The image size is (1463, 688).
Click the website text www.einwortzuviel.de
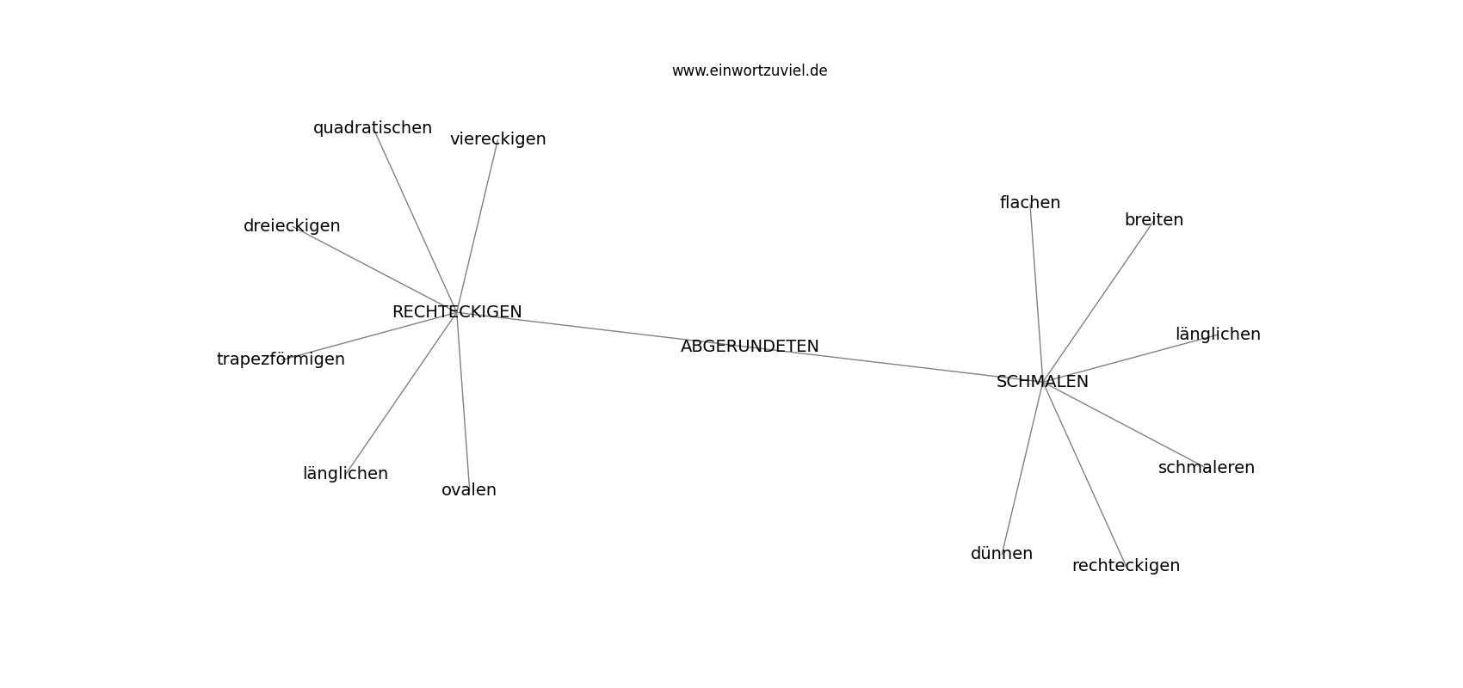coord(749,71)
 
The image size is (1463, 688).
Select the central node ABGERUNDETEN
coord(749,346)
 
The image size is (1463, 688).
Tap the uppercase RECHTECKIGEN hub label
coord(456,312)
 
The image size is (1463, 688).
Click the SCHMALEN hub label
coord(1042,382)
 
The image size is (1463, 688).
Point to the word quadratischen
coord(373,128)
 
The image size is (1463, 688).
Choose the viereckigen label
coord(497,139)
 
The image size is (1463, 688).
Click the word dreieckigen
coord(291,226)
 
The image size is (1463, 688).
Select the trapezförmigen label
coord(281,359)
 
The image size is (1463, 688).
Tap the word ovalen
coord(468,489)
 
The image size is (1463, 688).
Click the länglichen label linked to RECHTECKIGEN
coord(345,473)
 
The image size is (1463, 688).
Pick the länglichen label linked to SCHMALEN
coord(1218,335)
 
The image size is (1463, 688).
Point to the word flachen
coord(1030,202)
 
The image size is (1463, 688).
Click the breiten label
coord(1153,220)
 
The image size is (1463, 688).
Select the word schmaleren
coord(1207,467)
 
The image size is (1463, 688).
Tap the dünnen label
coord(1001,554)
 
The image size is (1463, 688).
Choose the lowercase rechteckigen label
coord(1126,565)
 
